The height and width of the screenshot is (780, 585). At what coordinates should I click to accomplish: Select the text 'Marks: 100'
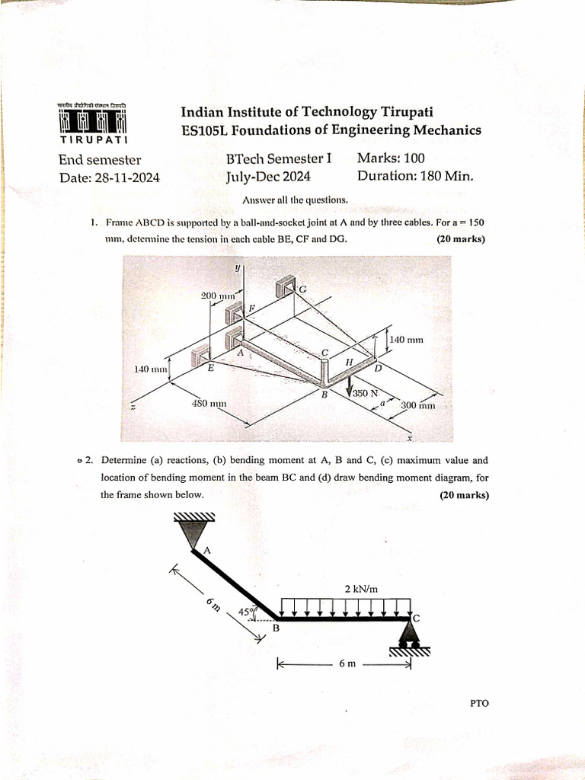(391, 158)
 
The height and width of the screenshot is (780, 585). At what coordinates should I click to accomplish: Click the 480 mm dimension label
(208, 403)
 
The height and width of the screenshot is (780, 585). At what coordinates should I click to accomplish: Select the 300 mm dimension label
(418, 405)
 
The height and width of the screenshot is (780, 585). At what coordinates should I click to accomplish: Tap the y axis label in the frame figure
(238, 268)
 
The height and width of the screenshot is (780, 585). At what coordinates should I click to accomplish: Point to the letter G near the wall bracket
(302, 289)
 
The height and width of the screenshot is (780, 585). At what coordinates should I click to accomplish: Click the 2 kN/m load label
(361, 588)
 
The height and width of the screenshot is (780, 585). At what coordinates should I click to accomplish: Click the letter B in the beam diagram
(276, 629)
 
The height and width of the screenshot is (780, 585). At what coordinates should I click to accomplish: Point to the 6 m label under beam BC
(347, 663)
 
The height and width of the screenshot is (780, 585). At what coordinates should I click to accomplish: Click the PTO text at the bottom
(479, 703)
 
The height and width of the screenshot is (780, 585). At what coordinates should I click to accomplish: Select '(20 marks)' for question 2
(465, 495)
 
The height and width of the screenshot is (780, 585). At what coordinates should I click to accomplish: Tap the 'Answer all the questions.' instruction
(295, 200)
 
